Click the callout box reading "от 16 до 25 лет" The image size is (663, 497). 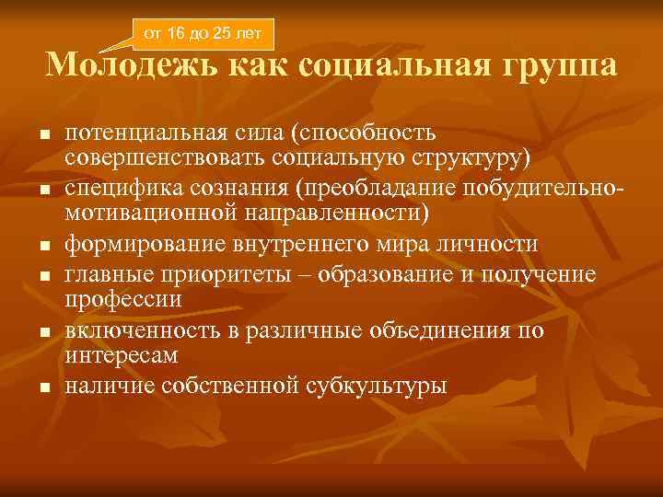click(x=203, y=35)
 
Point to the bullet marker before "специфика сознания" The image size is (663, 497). click(x=43, y=191)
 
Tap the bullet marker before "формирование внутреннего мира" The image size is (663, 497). click(x=43, y=248)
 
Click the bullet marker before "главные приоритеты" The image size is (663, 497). click(x=43, y=275)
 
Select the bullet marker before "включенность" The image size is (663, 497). click(x=43, y=331)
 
